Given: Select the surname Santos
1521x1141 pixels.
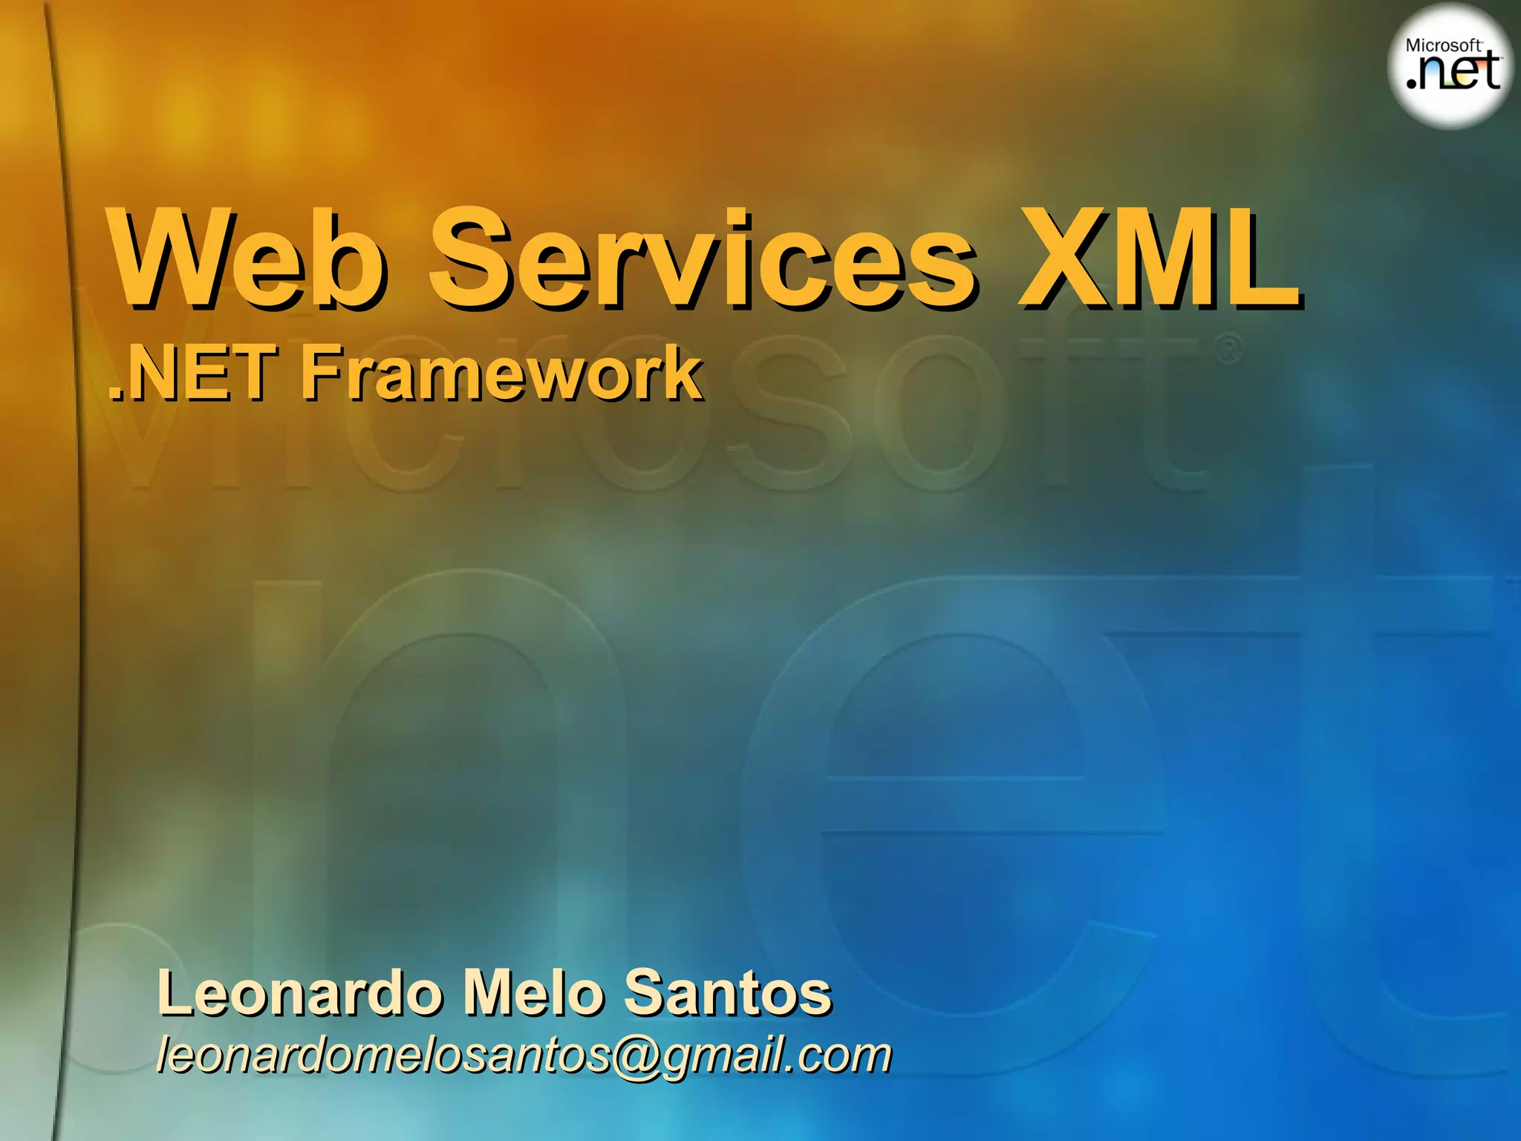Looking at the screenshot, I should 728,993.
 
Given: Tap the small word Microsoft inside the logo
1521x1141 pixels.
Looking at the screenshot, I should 1444,45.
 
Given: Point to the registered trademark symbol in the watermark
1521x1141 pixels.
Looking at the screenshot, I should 1229,349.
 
